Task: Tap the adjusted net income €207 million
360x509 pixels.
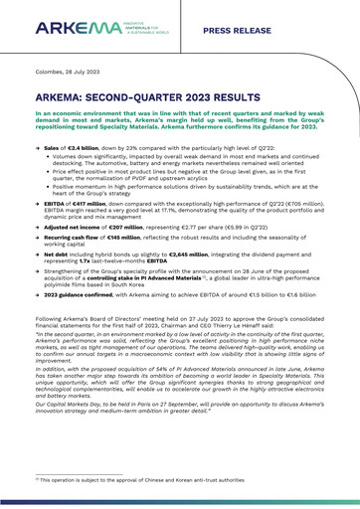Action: coord(126,214)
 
